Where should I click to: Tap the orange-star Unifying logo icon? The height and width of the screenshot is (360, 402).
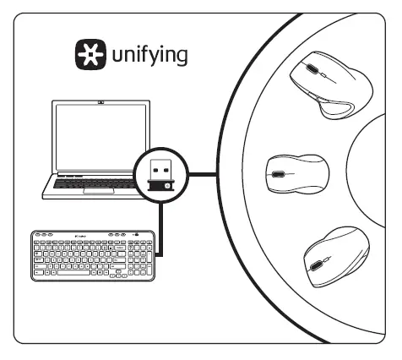click(x=87, y=56)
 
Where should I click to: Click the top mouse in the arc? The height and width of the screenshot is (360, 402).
click(x=329, y=85)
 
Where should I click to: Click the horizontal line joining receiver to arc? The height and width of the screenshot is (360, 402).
click(x=201, y=176)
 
